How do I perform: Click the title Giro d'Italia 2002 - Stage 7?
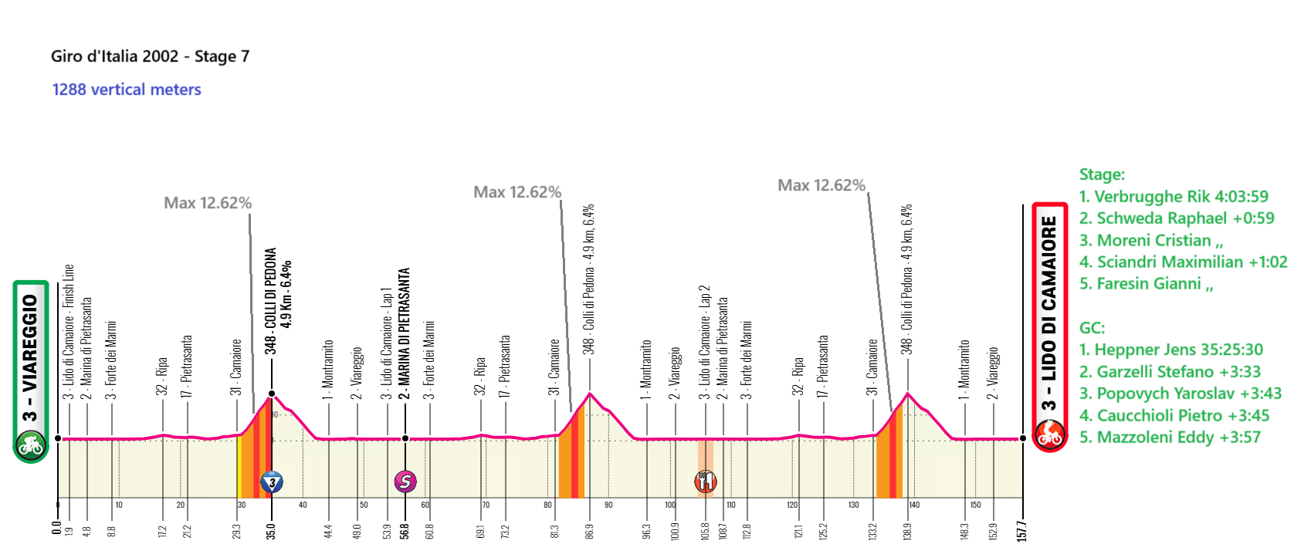150,56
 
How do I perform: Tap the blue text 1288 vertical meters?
127,90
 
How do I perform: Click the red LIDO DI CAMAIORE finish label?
1048,313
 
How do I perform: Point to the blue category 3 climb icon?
271,482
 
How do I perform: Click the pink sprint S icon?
405,482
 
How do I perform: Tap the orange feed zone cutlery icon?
706,482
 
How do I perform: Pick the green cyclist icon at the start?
30,445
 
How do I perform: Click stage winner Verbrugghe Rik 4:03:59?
1174,197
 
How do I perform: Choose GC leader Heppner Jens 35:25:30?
1170,350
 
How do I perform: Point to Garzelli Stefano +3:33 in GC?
1170,372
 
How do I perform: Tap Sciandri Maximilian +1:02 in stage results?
1183,262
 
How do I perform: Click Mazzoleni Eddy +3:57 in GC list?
1170,438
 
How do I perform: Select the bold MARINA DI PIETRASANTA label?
405,332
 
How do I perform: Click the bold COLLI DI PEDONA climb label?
271,301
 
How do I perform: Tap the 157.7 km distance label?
1022,530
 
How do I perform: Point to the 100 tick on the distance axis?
670,505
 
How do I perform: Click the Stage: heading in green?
1102,174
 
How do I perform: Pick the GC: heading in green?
1092,328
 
